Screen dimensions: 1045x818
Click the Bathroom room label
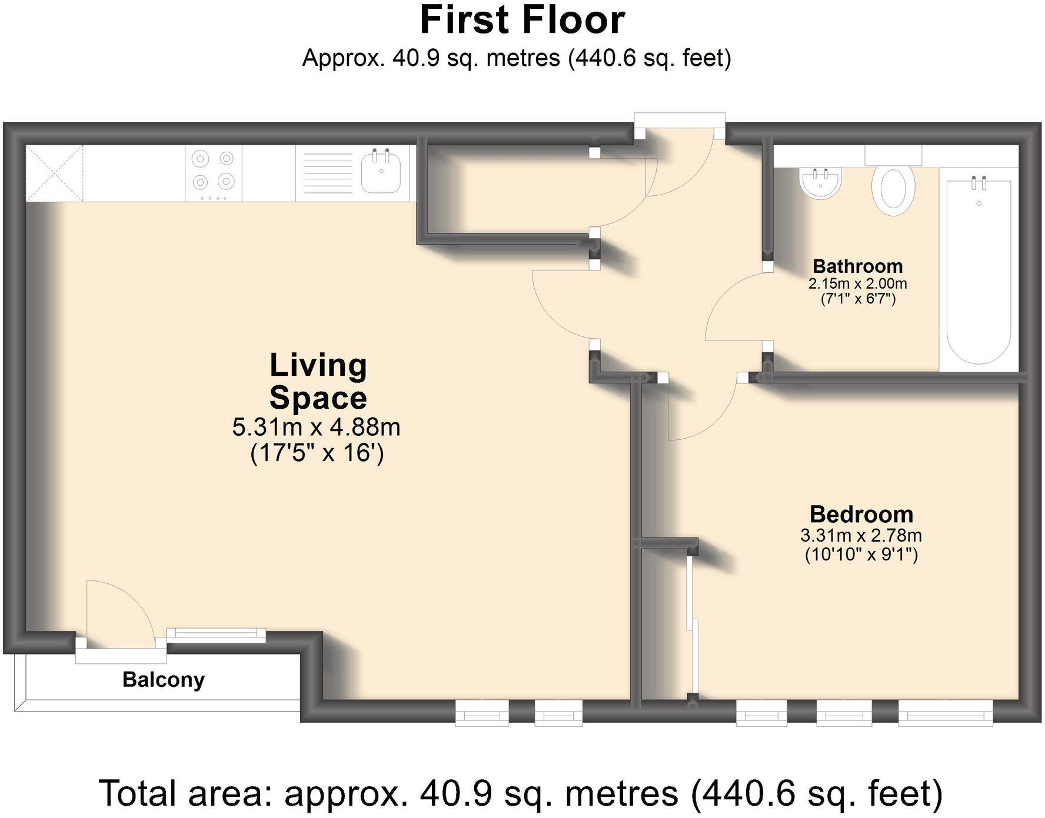pos(857,266)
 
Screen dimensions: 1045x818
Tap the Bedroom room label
pos(861,515)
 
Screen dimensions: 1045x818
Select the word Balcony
pos(164,680)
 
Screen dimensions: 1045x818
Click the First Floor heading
pos(522,20)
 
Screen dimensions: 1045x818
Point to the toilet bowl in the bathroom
pos(893,189)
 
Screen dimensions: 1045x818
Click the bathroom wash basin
pos(820,183)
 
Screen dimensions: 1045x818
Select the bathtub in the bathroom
pos(979,270)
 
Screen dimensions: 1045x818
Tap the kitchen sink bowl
pos(381,171)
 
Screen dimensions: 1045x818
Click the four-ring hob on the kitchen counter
pos(214,173)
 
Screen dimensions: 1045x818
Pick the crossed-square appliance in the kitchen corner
pos(54,173)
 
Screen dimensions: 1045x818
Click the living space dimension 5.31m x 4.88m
pos(316,427)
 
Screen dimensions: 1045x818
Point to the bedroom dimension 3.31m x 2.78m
pos(861,536)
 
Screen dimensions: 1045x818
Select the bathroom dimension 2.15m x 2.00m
pos(857,283)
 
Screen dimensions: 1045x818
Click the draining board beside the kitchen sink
pos(328,173)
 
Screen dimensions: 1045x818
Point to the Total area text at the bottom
pos(521,793)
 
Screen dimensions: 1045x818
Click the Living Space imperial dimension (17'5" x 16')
pos(317,453)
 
